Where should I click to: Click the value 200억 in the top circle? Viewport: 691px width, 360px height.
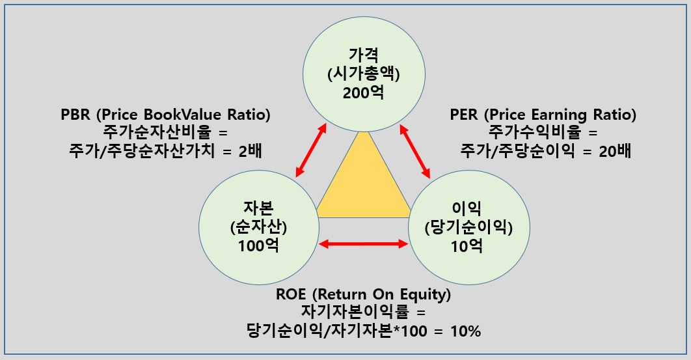tap(363, 92)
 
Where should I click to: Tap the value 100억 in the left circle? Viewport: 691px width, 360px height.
tap(259, 248)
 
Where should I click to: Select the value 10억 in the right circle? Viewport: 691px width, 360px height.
tap(467, 247)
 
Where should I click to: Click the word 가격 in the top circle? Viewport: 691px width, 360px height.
tap(363, 55)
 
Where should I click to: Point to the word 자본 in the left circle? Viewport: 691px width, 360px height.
tap(259, 210)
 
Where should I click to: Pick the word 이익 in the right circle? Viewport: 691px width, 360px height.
tap(467, 210)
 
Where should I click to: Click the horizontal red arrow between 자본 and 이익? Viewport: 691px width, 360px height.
tap(363, 244)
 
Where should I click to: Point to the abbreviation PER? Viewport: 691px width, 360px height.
tap(465, 115)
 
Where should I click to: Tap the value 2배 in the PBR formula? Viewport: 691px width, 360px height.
tap(254, 151)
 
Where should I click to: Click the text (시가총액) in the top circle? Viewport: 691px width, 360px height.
tap(363, 74)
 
